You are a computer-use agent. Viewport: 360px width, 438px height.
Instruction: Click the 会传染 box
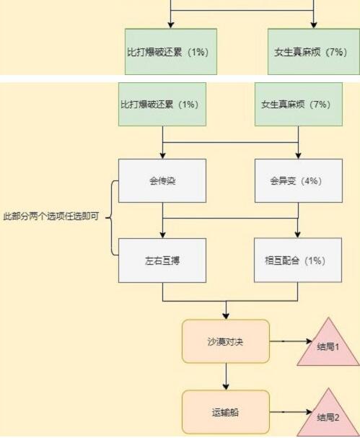(162, 180)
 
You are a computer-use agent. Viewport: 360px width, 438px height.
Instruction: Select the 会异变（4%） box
(298, 180)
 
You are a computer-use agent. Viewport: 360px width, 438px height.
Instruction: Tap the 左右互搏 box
(162, 260)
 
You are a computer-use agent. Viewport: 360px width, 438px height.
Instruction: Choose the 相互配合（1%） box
(298, 260)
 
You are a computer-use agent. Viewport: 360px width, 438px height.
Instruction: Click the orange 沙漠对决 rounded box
(226, 341)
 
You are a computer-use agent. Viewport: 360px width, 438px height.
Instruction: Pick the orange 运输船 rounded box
(226, 412)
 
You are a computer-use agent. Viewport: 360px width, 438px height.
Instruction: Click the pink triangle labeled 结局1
(328, 345)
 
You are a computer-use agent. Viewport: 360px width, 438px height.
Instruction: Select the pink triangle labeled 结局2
(328, 416)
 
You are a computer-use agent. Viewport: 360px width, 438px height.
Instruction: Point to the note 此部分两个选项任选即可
(51, 216)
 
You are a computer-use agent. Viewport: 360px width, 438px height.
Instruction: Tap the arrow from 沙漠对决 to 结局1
(291, 341)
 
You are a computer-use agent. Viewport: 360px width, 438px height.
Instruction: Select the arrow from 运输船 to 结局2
(291, 412)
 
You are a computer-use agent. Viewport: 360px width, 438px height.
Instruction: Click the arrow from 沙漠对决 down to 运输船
(226, 377)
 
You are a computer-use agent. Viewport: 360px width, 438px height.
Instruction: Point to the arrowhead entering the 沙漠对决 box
(226, 316)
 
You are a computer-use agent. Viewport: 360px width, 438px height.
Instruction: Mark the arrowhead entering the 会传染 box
(163, 156)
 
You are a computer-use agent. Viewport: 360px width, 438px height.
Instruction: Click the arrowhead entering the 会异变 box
(298, 156)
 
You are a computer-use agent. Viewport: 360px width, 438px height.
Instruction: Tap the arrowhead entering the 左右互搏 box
(163, 235)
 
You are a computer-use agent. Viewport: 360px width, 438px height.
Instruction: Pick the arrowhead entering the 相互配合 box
(298, 235)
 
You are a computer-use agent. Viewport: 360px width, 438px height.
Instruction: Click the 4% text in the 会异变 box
(311, 180)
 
